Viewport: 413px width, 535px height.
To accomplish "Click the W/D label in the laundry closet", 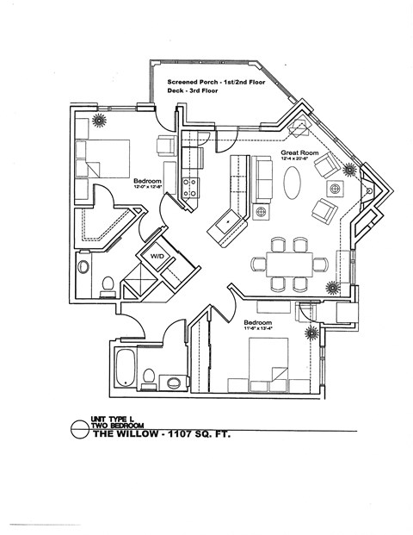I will tap(158, 257).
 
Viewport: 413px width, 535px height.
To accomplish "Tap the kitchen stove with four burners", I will tap(191, 187).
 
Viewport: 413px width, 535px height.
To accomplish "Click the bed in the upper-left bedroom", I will tap(102, 159).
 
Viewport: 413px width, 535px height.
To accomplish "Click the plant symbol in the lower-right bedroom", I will tap(310, 332).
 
